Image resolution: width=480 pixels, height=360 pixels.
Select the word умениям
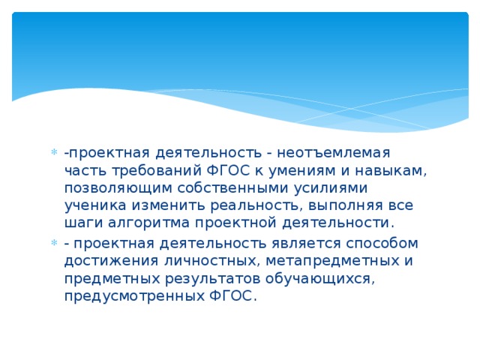click(x=286, y=170)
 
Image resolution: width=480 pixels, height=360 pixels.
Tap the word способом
click(x=375, y=244)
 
